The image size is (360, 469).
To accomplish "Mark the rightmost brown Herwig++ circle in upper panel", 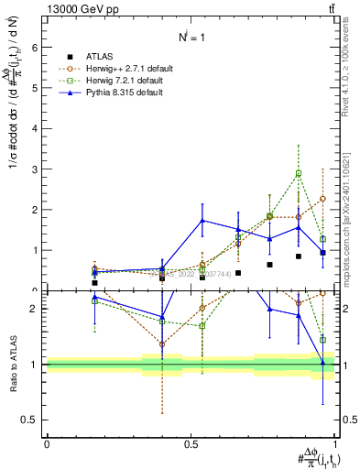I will pos(322,198).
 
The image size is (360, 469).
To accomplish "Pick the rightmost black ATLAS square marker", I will pos(322,252).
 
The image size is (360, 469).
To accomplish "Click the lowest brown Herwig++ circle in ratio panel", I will pos(162,344).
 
